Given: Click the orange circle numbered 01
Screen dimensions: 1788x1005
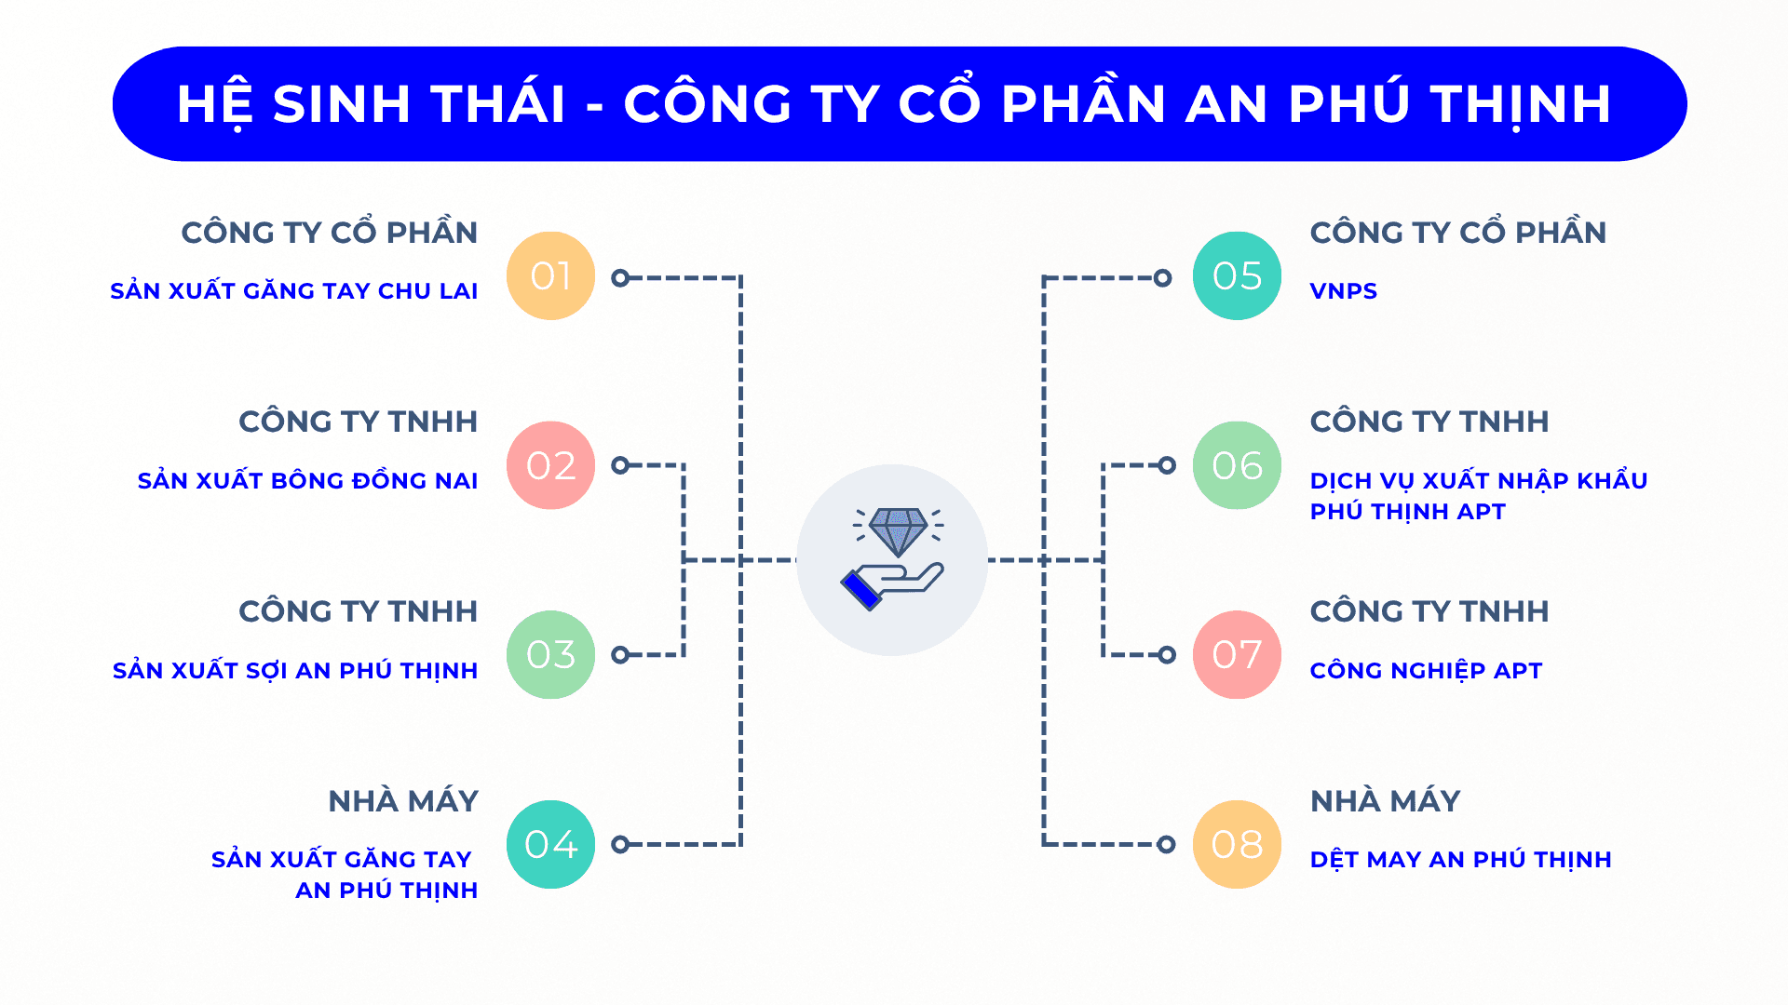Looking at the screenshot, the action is coord(550,275).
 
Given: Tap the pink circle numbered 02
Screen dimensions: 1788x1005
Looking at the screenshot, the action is coord(550,465).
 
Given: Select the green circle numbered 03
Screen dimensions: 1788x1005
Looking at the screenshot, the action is coord(550,654).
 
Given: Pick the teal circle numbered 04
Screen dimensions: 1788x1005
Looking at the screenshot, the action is coord(550,844).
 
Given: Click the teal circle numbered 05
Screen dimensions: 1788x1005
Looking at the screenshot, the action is coord(1237,275).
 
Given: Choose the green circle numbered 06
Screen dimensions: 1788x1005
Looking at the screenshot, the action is coord(1237,465).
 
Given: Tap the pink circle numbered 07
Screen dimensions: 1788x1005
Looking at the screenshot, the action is coord(1237,654).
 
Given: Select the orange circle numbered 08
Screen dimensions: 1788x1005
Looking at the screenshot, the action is coord(1237,844).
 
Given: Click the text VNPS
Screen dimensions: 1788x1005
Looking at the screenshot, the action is coord(1343,291).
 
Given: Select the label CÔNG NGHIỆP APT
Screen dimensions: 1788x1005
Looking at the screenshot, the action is coord(1426,670).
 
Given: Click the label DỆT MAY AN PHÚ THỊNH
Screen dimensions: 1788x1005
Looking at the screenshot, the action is coord(1460,859).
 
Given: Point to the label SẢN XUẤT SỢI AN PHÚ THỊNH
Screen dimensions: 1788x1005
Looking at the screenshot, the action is coord(295,669).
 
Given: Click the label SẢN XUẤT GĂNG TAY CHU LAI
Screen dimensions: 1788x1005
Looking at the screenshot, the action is coord(294,290).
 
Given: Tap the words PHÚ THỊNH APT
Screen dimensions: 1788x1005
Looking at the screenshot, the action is coord(1407,512).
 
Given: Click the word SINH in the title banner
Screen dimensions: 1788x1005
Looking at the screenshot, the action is coord(342,103).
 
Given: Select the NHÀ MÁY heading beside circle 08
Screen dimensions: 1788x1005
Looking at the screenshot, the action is coord(1385,800).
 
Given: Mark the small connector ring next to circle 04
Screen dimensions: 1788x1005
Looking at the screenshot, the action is coord(620,844).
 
